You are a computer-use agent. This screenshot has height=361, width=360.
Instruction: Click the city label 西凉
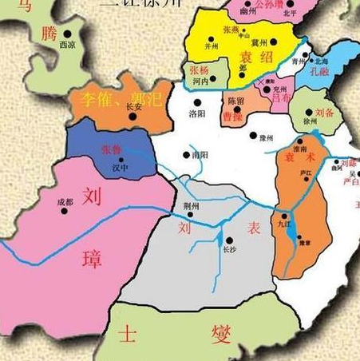(x=70, y=46)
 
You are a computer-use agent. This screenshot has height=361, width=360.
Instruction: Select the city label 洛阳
(x=196, y=114)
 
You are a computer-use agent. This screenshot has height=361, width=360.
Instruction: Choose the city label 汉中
(x=120, y=169)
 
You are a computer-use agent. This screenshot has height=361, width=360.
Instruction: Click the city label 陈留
(x=235, y=101)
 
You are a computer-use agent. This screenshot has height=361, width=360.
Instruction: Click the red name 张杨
(x=200, y=70)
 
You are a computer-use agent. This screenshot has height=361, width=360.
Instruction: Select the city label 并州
(x=211, y=46)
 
